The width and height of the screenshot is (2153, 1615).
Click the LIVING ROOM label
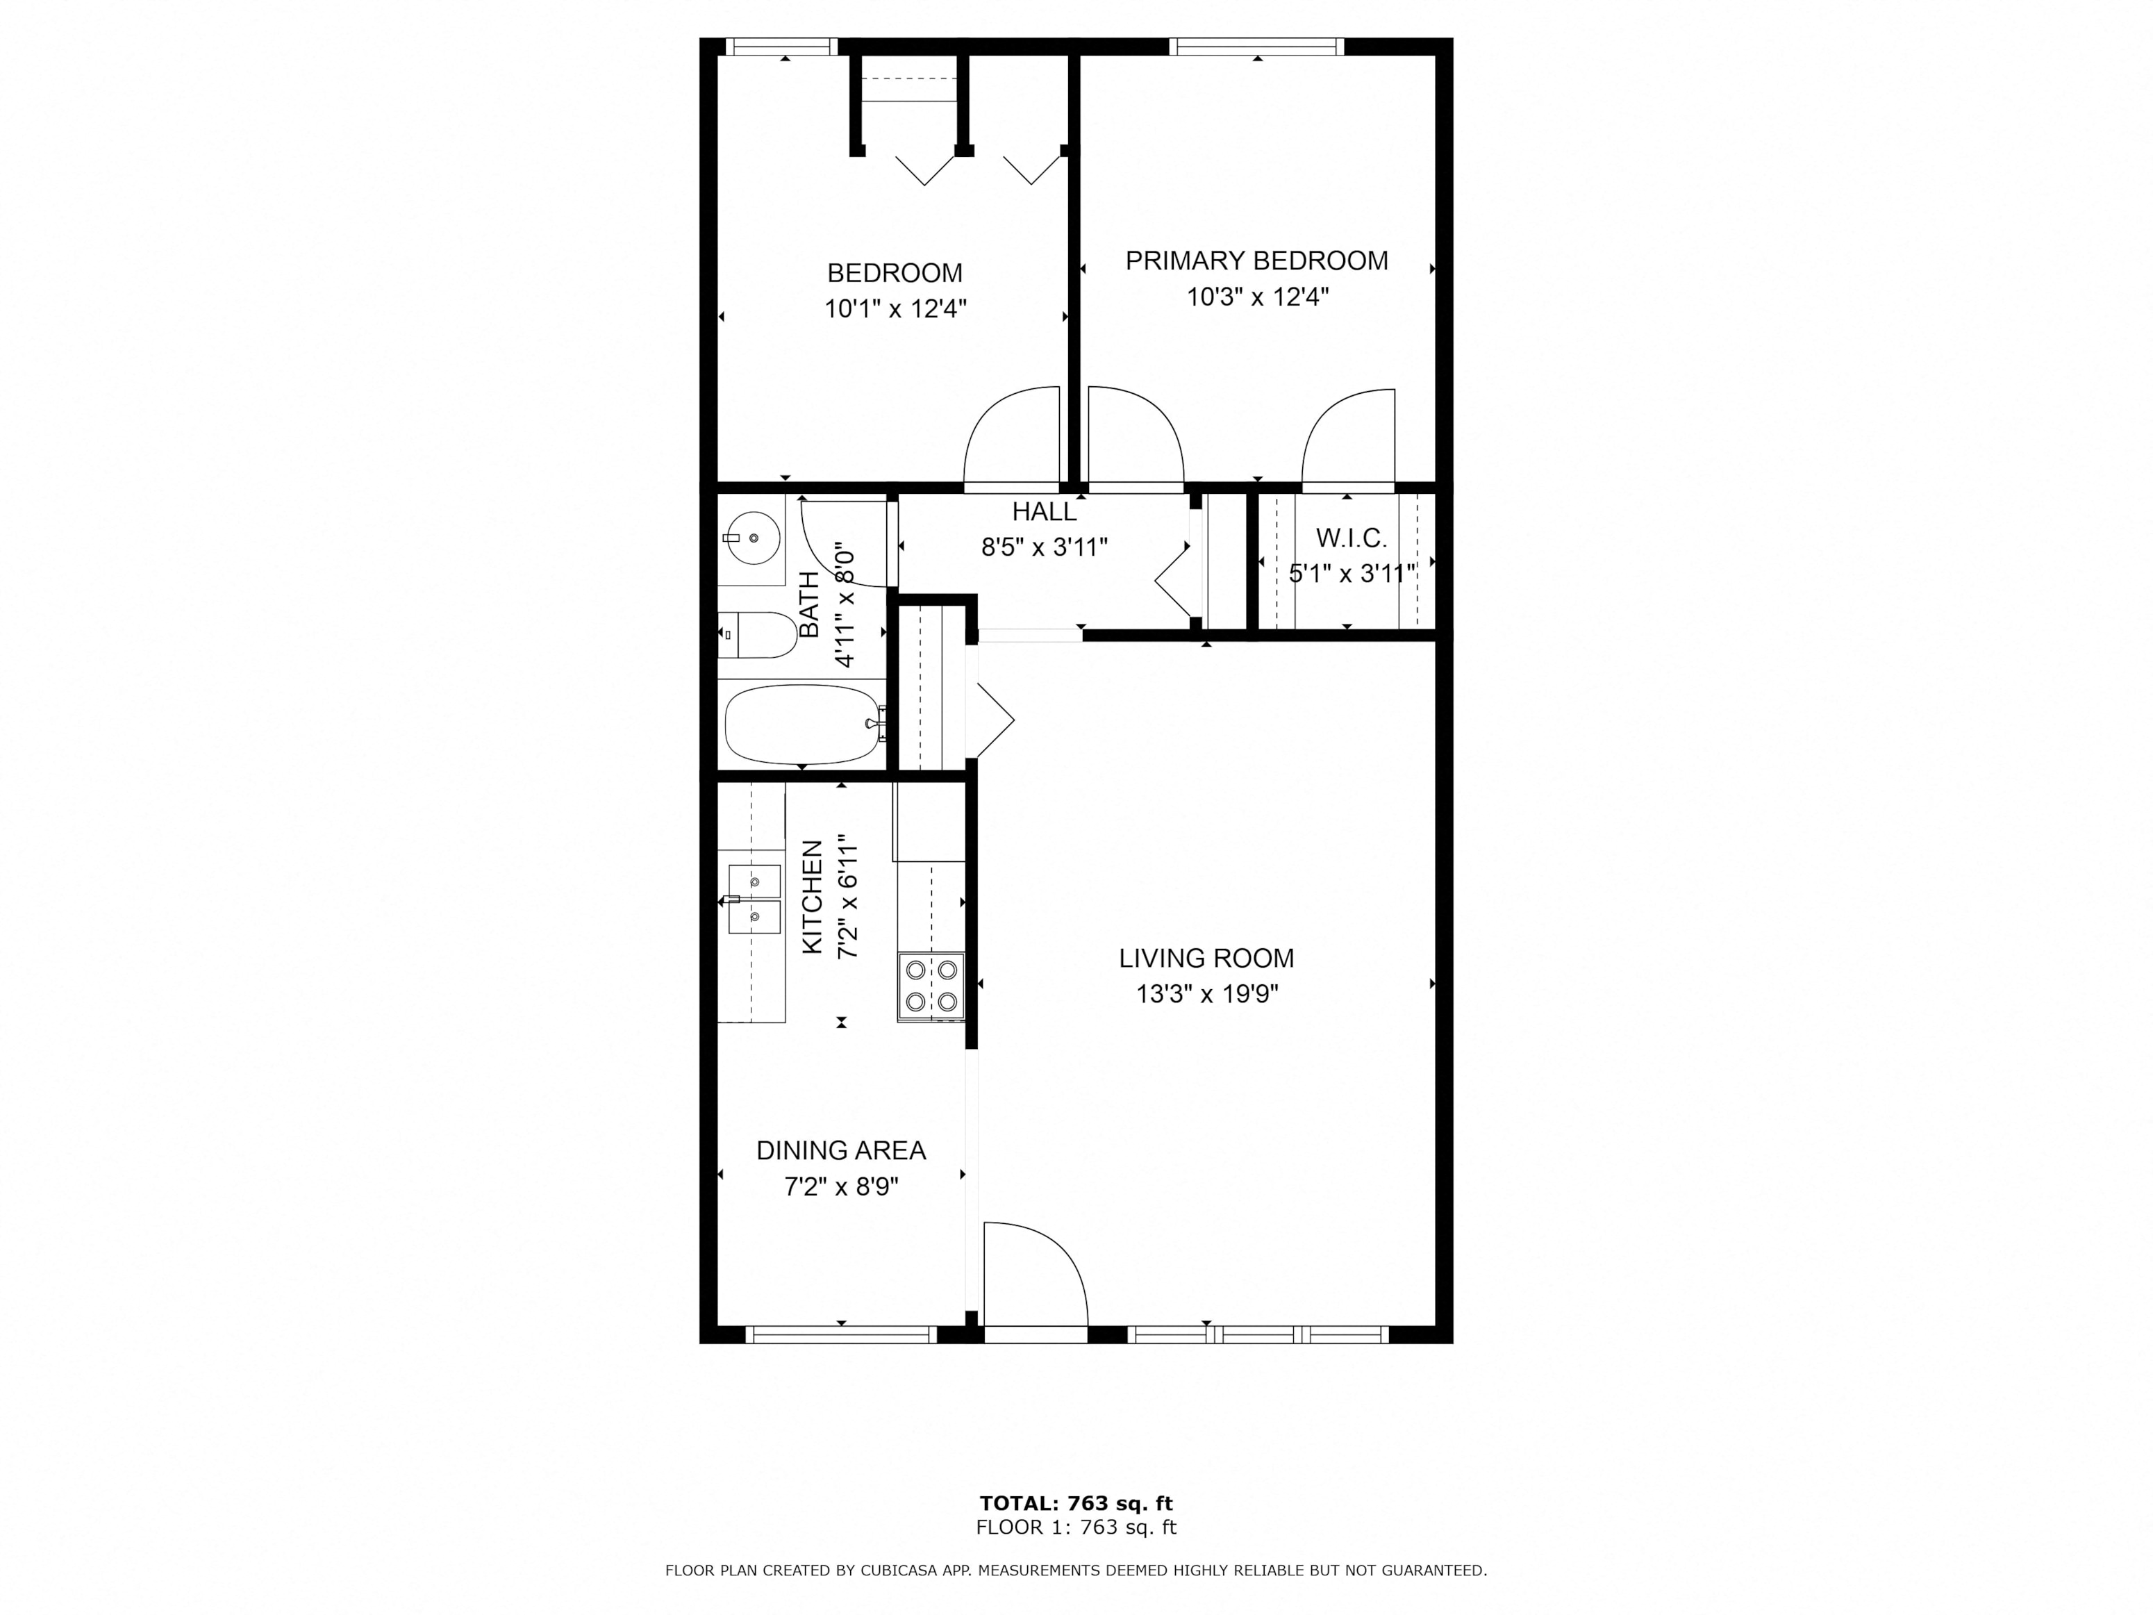pos(1206,959)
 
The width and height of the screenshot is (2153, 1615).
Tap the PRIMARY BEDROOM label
pos(1256,261)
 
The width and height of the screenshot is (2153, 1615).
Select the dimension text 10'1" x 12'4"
pos(895,310)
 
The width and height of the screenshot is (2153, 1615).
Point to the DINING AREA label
pos(841,1151)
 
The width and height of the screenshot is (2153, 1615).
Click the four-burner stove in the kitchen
pos(931,986)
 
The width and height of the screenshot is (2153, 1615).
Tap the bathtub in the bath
pos(804,724)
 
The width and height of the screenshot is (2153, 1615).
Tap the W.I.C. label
pos(1351,538)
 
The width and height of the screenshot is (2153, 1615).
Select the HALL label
pos(1045,512)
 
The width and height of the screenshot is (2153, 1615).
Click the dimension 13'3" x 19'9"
pos(1206,995)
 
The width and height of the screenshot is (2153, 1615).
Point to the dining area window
pos(841,1334)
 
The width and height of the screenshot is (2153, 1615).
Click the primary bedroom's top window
pos(1256,47)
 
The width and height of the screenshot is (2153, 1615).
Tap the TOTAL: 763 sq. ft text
pos(1076,1504)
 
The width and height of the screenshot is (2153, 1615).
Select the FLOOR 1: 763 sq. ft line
pos(1076,1527)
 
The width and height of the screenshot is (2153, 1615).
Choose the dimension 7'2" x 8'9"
pos(841,1188)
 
